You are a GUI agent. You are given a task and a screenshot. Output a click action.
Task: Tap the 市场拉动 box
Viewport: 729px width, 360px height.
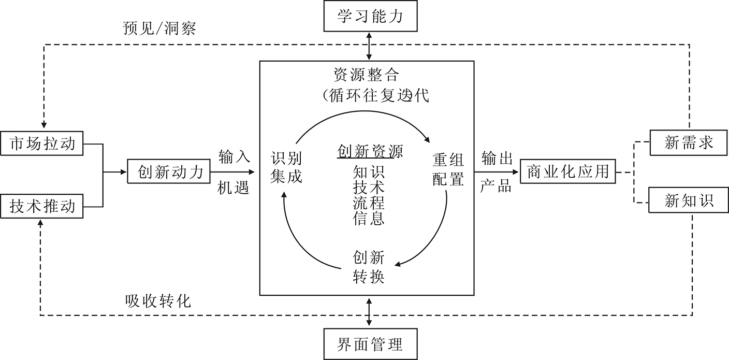42,143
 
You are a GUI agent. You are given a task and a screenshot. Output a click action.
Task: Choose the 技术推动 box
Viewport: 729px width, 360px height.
42,206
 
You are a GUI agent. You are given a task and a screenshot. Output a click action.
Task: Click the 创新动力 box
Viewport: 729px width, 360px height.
171,171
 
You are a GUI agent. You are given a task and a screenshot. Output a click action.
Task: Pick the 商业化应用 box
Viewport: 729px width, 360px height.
568,171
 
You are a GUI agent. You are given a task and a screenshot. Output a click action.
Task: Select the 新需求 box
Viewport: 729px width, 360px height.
689,142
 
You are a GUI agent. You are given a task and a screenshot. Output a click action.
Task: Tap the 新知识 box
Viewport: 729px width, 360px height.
689,201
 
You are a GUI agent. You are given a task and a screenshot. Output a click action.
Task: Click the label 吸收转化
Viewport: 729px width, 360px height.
157,300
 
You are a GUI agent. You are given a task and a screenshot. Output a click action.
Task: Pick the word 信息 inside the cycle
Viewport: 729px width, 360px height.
369,219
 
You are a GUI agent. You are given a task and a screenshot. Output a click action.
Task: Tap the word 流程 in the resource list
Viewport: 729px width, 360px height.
369,203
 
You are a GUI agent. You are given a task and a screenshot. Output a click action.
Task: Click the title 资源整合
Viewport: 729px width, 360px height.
366,75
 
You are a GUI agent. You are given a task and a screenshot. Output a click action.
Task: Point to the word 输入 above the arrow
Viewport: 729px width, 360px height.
234,156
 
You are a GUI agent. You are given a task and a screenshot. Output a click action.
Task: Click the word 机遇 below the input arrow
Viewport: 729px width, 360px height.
234,187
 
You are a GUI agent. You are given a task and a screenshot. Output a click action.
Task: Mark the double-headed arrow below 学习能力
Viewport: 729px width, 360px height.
369,46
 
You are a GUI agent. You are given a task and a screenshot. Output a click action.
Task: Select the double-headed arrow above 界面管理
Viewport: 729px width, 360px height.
369,311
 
